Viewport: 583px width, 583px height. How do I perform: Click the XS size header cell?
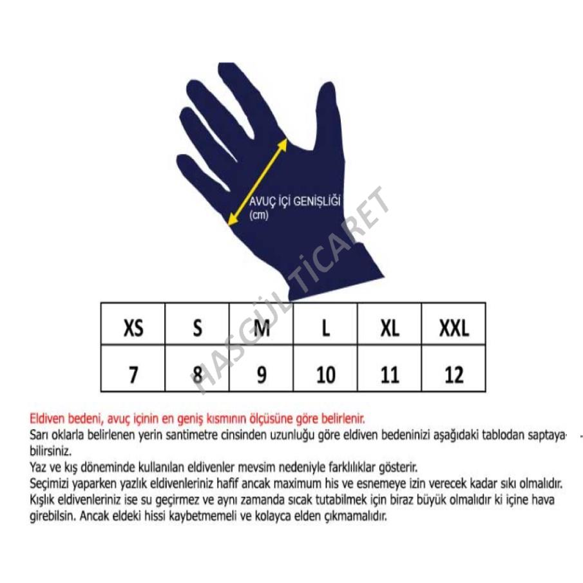133,324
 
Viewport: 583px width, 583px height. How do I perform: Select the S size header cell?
197,324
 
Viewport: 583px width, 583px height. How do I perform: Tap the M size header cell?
262,324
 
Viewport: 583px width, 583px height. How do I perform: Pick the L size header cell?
325,324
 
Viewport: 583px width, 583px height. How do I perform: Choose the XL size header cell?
389,324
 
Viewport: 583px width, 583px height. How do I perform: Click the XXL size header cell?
454,324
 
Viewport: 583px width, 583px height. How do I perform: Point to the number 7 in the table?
133,375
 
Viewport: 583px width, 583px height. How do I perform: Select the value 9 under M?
262,375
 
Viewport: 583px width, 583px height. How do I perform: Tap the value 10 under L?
326,375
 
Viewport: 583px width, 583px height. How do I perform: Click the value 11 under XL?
390,375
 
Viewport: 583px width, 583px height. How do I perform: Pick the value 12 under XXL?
454,375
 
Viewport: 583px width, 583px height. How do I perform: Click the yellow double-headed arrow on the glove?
257,182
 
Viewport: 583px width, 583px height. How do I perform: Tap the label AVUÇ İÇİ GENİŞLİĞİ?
295,201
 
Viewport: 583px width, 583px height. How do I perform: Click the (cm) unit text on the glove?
259,215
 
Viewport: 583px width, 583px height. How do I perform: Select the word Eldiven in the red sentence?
48,419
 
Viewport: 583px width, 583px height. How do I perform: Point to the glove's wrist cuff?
334,271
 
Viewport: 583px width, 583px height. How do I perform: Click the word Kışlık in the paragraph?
43,500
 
